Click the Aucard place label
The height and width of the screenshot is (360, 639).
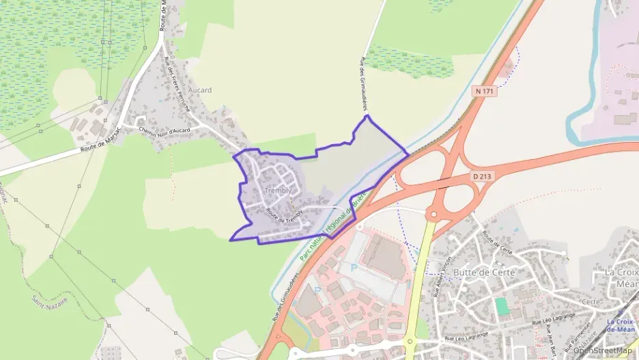pyautogui.click(x=200, y=90)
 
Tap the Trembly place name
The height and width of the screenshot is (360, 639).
pyautogui.click(x=277, y=191)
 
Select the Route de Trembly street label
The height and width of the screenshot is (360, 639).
pyautogui.click(x=283, y=217)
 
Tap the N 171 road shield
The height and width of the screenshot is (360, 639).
pyautogui.click(x=483, y=90)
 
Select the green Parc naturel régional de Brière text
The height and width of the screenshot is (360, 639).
pyautogui.click(x=333, y=225)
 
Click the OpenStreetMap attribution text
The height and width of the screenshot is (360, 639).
pyautogui.click(x=603, y=351)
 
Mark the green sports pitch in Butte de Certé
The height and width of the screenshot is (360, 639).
pyautogui.click(x=502, y=306)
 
